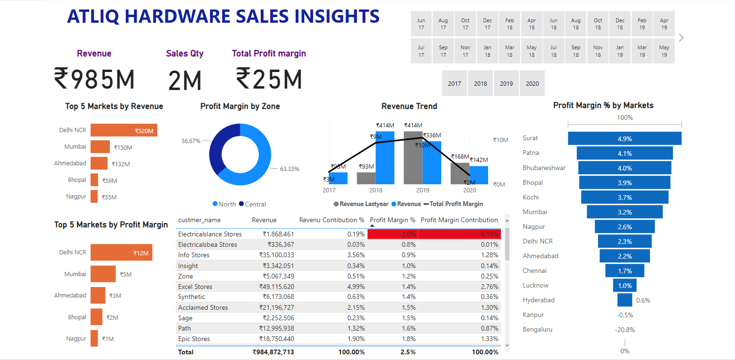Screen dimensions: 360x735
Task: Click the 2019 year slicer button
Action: pyautogui.click(x=506, y=83)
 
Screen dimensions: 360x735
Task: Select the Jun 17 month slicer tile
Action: pyautogui.click(x=421, y=24)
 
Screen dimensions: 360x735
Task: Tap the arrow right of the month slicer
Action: pyautogui.click(x=681, y=38)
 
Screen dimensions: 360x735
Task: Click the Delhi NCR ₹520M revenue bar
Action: pyautogui.click(x=124, y=130)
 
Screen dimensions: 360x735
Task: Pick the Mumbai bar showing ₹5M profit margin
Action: pyautogui.click(x=103, y=274)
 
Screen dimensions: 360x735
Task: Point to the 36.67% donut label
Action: pyautogui.click(x=191, y=141)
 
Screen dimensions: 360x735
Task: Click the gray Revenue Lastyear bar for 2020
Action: pyautogui.click(x=460, y=173)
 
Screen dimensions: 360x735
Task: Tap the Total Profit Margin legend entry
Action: pyautogui.click(x=456, y=204)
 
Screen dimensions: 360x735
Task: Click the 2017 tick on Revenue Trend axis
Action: pyautogui.click(x=329, y=190)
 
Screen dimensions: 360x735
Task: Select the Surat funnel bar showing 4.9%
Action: pyautogui.click(x=625, y=138)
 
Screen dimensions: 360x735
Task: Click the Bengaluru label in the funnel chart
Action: pyautogui.click(x=537, y=329)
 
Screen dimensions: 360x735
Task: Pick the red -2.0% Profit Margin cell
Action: pyautogui.click(x=392, y=234)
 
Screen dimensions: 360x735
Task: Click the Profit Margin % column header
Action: pyautogui.click(x=392, y=220)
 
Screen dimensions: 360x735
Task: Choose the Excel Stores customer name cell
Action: pyautogui.click(x=195, y=287)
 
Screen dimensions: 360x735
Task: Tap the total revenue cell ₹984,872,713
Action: pyautogui.click(x=273, y=352)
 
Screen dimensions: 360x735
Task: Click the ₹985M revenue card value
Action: pyautogui.click(x=94, y=79)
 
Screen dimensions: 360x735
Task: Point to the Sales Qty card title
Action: pyautogui.click(x=185, y=54)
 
